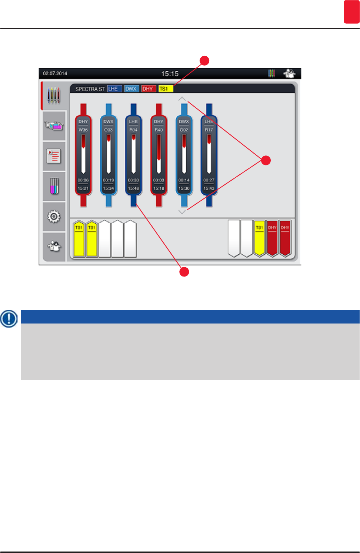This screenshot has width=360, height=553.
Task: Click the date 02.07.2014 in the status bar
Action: (x=55, y=73)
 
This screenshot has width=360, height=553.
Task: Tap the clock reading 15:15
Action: (x=170, y=74)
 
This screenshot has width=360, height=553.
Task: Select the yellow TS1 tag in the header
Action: (x=166, y=89)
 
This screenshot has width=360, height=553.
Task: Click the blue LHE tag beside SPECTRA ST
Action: (x=114, y=89)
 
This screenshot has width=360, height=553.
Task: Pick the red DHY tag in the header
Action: (x=148, y=89)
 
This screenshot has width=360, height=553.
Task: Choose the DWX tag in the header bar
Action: (x=131, y=89)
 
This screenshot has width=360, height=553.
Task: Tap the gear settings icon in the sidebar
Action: (x=54, y=217)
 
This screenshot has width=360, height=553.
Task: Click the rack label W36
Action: (x=83, y=130)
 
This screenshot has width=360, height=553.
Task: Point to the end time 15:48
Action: (x=133, y=188)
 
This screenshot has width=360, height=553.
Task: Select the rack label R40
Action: (x=159, y=130)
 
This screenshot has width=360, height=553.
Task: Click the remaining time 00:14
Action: (x=184, y=180)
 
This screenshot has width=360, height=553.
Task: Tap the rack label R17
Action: (x=209, y=130)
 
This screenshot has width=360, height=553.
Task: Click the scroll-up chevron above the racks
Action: (x=182, y=99)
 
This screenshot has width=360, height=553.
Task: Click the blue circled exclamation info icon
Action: (x=9, y=318)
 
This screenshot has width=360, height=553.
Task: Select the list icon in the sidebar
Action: (x=54, y=156)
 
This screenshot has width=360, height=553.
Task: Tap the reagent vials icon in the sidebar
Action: (x=54, y=186)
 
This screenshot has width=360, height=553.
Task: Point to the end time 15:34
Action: (x=109, y=188)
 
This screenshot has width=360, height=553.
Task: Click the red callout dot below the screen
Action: (x=184, y=272)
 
